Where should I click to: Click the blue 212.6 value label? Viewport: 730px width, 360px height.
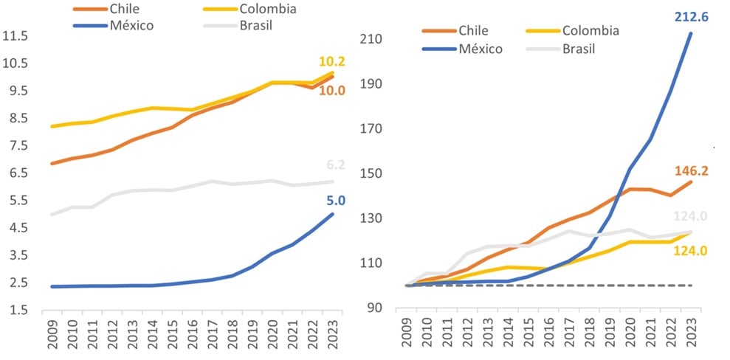point(691,15)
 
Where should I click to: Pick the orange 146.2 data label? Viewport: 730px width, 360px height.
point(691,172)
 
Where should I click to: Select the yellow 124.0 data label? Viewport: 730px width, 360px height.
point(691,251)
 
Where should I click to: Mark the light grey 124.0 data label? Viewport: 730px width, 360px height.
point(691,217)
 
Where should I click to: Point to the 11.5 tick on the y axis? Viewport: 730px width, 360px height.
point(15,35)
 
